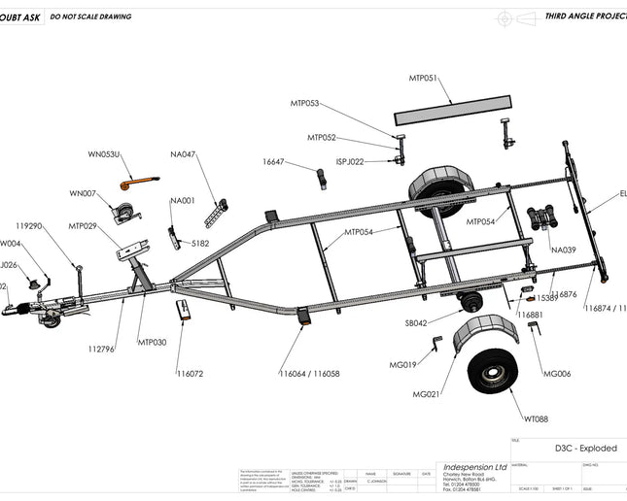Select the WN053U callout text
104,154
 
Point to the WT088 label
537,419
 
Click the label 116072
190,373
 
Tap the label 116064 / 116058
309,373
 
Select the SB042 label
416,323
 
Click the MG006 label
557,374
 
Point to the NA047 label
183,154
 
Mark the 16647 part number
273,162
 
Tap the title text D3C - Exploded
585,449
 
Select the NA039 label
563,250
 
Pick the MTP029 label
82,225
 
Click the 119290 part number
28,225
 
